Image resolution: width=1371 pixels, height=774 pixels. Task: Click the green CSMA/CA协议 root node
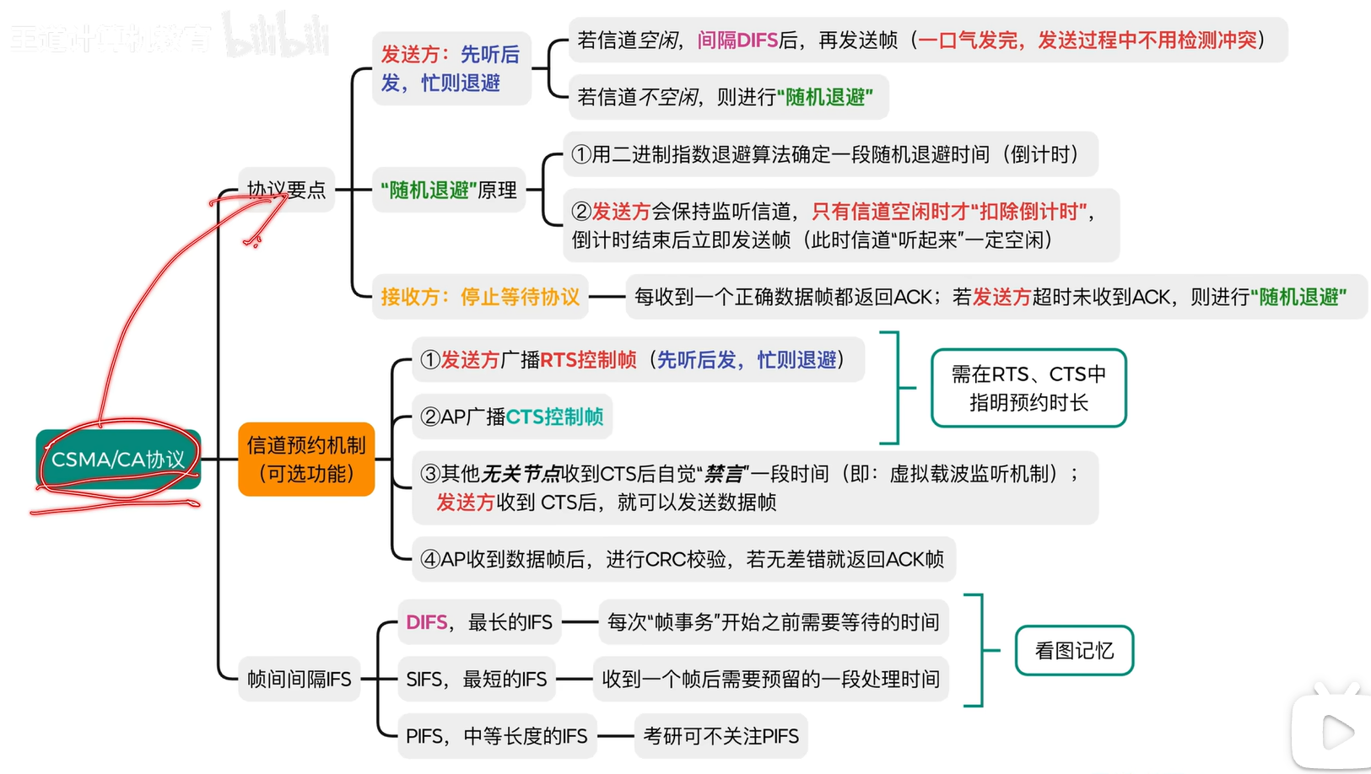coord(118,460)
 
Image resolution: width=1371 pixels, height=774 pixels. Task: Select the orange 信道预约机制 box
coord(306,460)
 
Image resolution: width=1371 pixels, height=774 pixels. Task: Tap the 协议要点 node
coord(286,190)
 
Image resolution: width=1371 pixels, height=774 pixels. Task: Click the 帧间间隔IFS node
coord(299,680)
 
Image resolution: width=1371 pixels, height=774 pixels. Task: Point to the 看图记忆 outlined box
coord(1074,651)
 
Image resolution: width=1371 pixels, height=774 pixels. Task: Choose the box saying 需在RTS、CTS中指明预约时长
coord(1028,388)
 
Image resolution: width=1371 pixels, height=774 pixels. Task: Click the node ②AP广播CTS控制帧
coord(512,417)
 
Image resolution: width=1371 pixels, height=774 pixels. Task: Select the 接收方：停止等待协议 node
coord(480,297)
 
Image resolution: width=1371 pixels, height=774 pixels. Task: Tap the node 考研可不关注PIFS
coord(721,736)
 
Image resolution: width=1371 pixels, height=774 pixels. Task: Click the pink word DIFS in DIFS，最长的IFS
coord(426,622)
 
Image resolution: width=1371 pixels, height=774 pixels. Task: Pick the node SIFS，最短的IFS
coord(477,680)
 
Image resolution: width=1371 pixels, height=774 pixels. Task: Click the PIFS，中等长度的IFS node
coord(497,736)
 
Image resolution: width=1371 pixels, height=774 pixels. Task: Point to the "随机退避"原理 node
coord(449,190)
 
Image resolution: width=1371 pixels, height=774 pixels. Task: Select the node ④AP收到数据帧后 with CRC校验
coord(683,559)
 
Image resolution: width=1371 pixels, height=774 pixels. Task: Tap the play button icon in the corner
coord(1336,731)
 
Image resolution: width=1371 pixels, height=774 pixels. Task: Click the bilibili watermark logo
coord(275,35)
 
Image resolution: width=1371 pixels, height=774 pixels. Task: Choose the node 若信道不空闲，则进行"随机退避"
coord(725,97)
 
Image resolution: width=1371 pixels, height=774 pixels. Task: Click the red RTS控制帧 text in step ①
coord(588,360)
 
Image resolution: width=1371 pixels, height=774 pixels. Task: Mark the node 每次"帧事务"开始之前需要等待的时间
coord(774,622)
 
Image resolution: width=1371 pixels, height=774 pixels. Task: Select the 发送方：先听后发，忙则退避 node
coord(451,68)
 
